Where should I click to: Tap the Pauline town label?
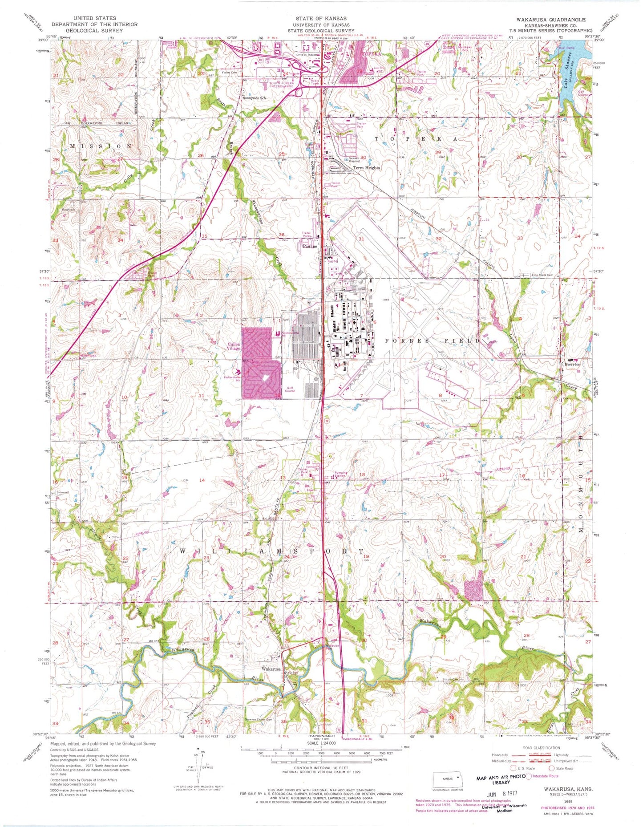pos(310,246)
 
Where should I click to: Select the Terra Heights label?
pos(366,167)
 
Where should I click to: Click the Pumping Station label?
pos(341,475)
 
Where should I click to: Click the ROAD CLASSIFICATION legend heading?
pos(544,748)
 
